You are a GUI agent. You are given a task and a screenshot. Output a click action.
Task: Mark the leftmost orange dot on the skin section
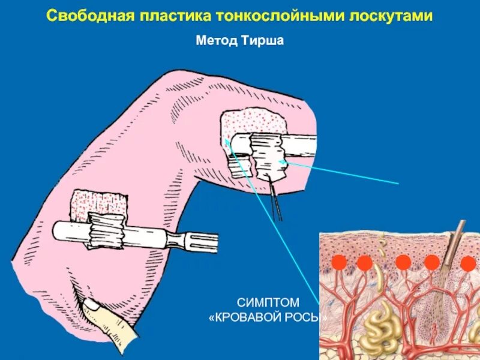339,263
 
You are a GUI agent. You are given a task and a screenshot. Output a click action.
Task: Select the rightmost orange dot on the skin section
468,263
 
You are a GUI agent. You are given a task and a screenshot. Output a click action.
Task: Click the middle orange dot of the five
403,263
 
